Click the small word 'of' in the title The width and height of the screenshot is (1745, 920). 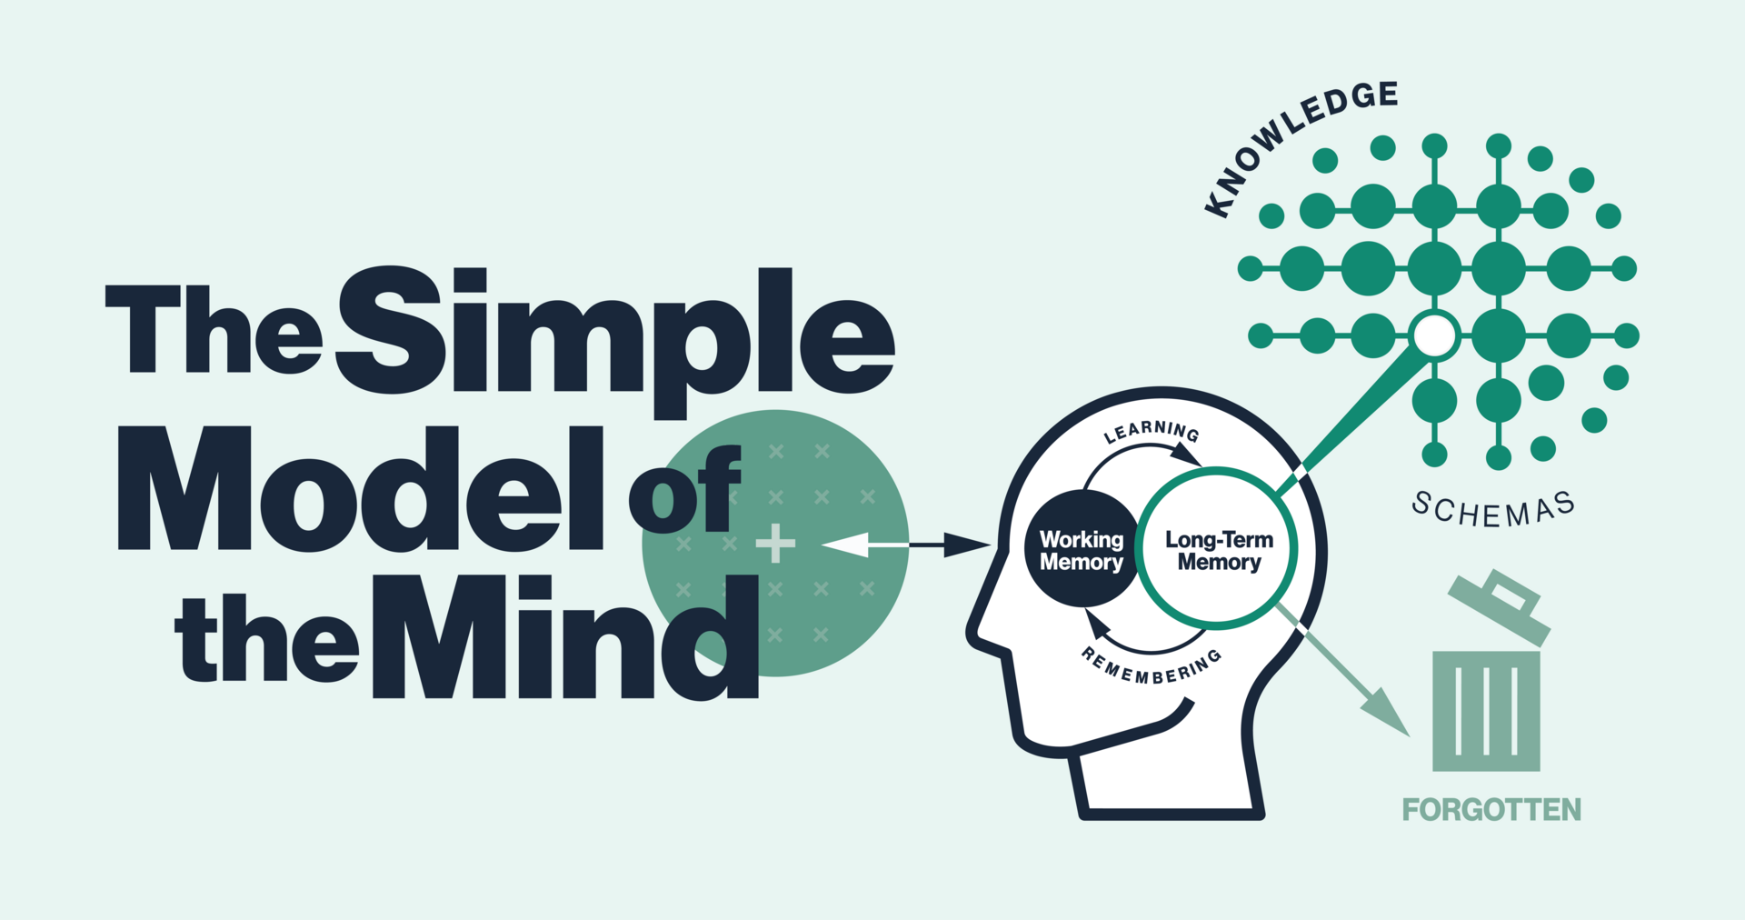(x=683, y=491)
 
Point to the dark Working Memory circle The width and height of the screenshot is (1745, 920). (x=1081, y=550)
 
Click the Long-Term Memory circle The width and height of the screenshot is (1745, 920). (x=1218, y=550)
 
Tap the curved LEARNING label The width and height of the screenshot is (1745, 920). (x=1151, y=431)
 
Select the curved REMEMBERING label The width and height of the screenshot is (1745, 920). (x=1151, y=669)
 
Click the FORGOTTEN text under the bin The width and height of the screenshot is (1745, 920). (x=1491, y=809)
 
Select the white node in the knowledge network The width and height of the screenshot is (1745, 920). (x=1434, y=335)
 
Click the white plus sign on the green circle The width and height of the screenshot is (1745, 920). (x=775, y=544)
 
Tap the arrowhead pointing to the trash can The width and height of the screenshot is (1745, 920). (x=1387, y=713)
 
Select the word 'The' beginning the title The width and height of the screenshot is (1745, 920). (x=214, y=329)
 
